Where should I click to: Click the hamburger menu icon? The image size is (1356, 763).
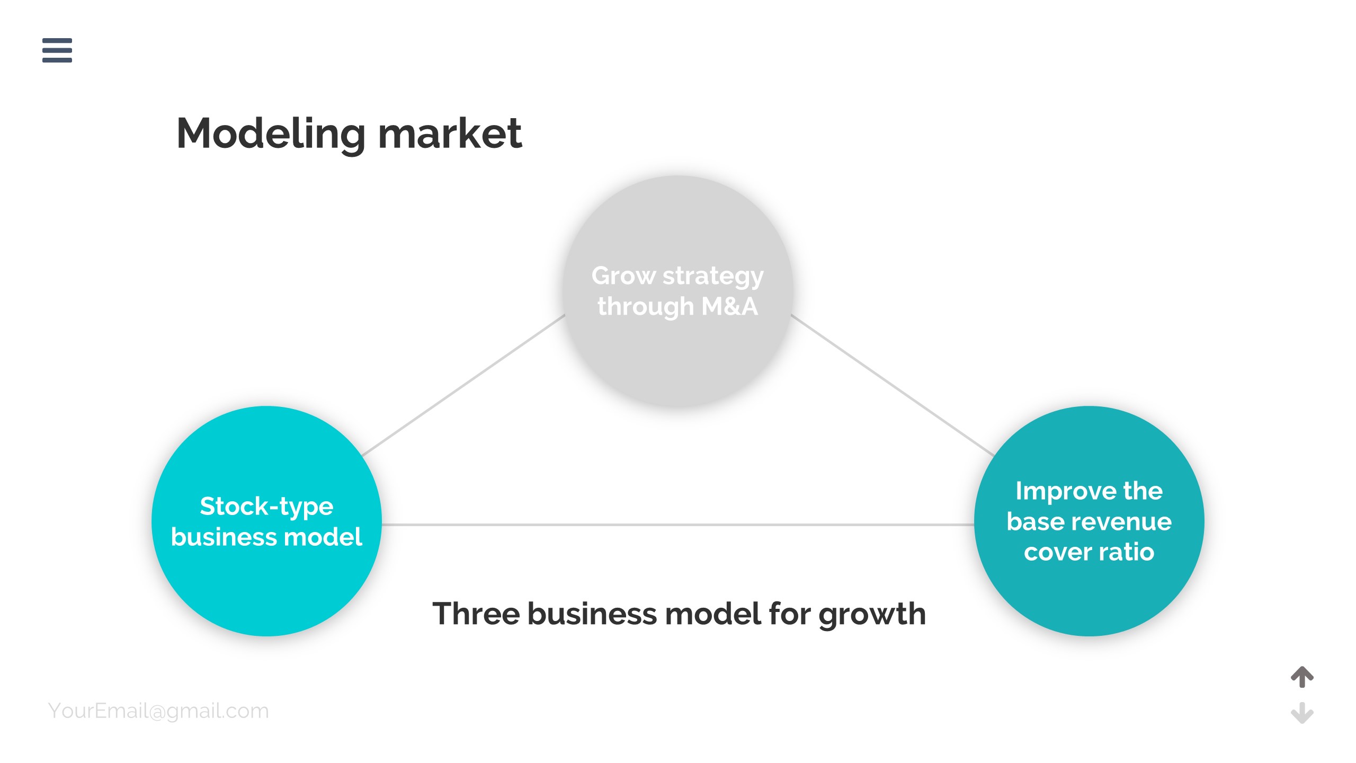[57, 50]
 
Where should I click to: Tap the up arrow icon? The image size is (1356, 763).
[1302, 677]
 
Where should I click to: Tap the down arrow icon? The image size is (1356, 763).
[1302, 713]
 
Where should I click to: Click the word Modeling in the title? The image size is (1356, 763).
[271, 134]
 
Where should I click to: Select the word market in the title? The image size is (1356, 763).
[450, 134]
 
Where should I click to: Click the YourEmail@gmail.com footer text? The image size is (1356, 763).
[158, 711]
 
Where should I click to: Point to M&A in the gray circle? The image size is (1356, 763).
[729, 306]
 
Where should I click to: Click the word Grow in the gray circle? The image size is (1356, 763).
[623, 276]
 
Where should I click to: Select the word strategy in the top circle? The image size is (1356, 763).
[713, 277]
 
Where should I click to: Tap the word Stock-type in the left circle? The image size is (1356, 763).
[266, 507]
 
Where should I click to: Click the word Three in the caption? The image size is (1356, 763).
[476, 614]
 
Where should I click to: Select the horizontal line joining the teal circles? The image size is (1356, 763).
[678, 525]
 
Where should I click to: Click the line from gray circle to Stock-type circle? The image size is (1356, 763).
[463, 385]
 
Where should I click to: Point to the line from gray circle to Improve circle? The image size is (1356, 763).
[893, 385]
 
